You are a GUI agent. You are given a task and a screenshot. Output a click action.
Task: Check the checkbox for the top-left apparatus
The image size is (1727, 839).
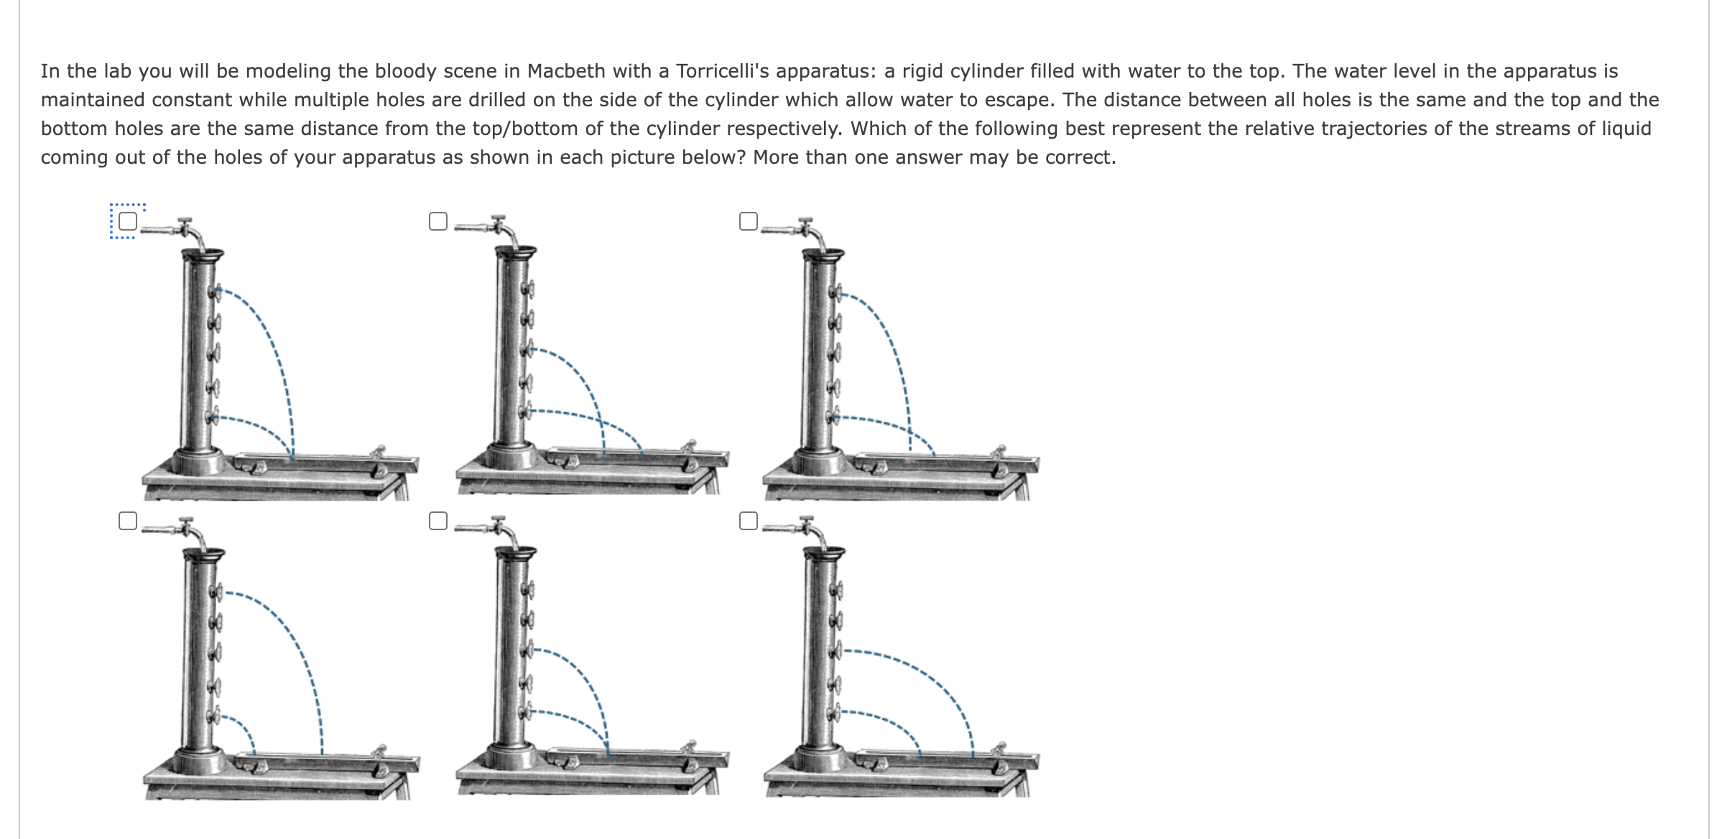pyautogui.click(x=128, y=221)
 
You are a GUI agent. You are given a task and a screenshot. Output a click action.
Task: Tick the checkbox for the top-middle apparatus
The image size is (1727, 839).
pyautogui.click(x=438, y=221)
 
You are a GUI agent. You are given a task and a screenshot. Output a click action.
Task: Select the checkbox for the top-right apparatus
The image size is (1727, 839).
pyautogui.click(x=749, y=221)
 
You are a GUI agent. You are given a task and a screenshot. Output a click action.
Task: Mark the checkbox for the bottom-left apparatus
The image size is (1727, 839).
pyautogui.click(x=128, y=521)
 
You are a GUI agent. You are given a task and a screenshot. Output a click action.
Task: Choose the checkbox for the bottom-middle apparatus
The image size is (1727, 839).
pyautogui.click(x=438, y=521)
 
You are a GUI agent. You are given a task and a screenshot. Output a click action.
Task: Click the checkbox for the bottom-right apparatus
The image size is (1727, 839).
pyautogui.click(x=749, y=521)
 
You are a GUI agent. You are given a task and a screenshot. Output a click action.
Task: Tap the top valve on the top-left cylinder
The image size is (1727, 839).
pyautogui.click(x=214, y=292)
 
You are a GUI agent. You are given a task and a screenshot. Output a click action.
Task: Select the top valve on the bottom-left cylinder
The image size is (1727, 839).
pyautogui.click(x=216, y=592)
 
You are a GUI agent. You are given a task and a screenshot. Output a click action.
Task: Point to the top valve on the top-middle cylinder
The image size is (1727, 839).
pyautogui.click(x=528, y=289)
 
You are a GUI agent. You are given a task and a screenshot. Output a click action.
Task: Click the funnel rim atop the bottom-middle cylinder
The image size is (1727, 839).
pyautogui.click(x=516, y=552)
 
